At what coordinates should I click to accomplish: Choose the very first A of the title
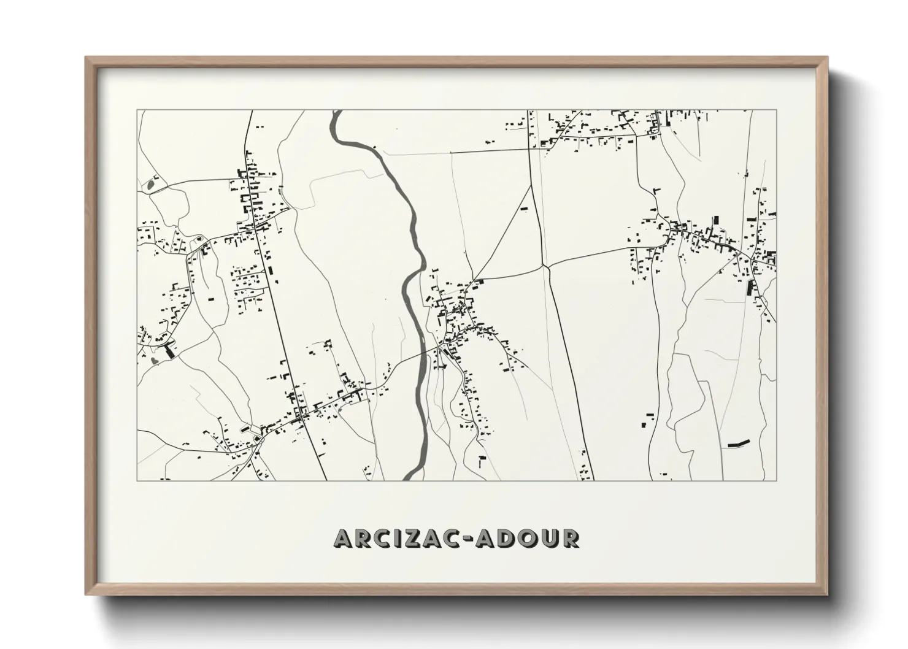tap(345, 538)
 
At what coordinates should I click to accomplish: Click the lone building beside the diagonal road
tap(524, 209)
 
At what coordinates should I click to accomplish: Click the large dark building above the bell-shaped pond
tap(169, 350)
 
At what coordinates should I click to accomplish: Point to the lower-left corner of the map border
tap(137, 480)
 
